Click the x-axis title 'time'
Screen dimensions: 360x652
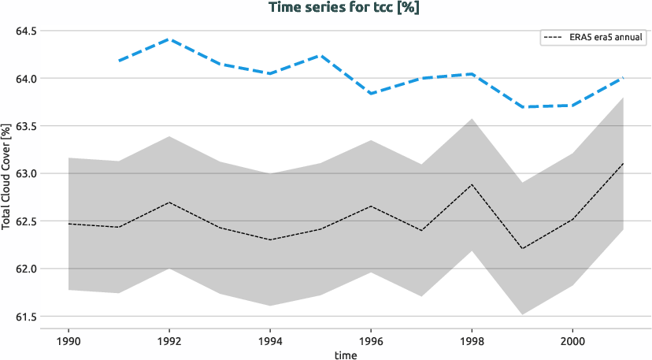(345, 355)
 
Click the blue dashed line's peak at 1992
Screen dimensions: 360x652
(169, 39)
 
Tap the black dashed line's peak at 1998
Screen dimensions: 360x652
(472, 184)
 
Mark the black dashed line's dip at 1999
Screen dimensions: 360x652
(522, 249)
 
